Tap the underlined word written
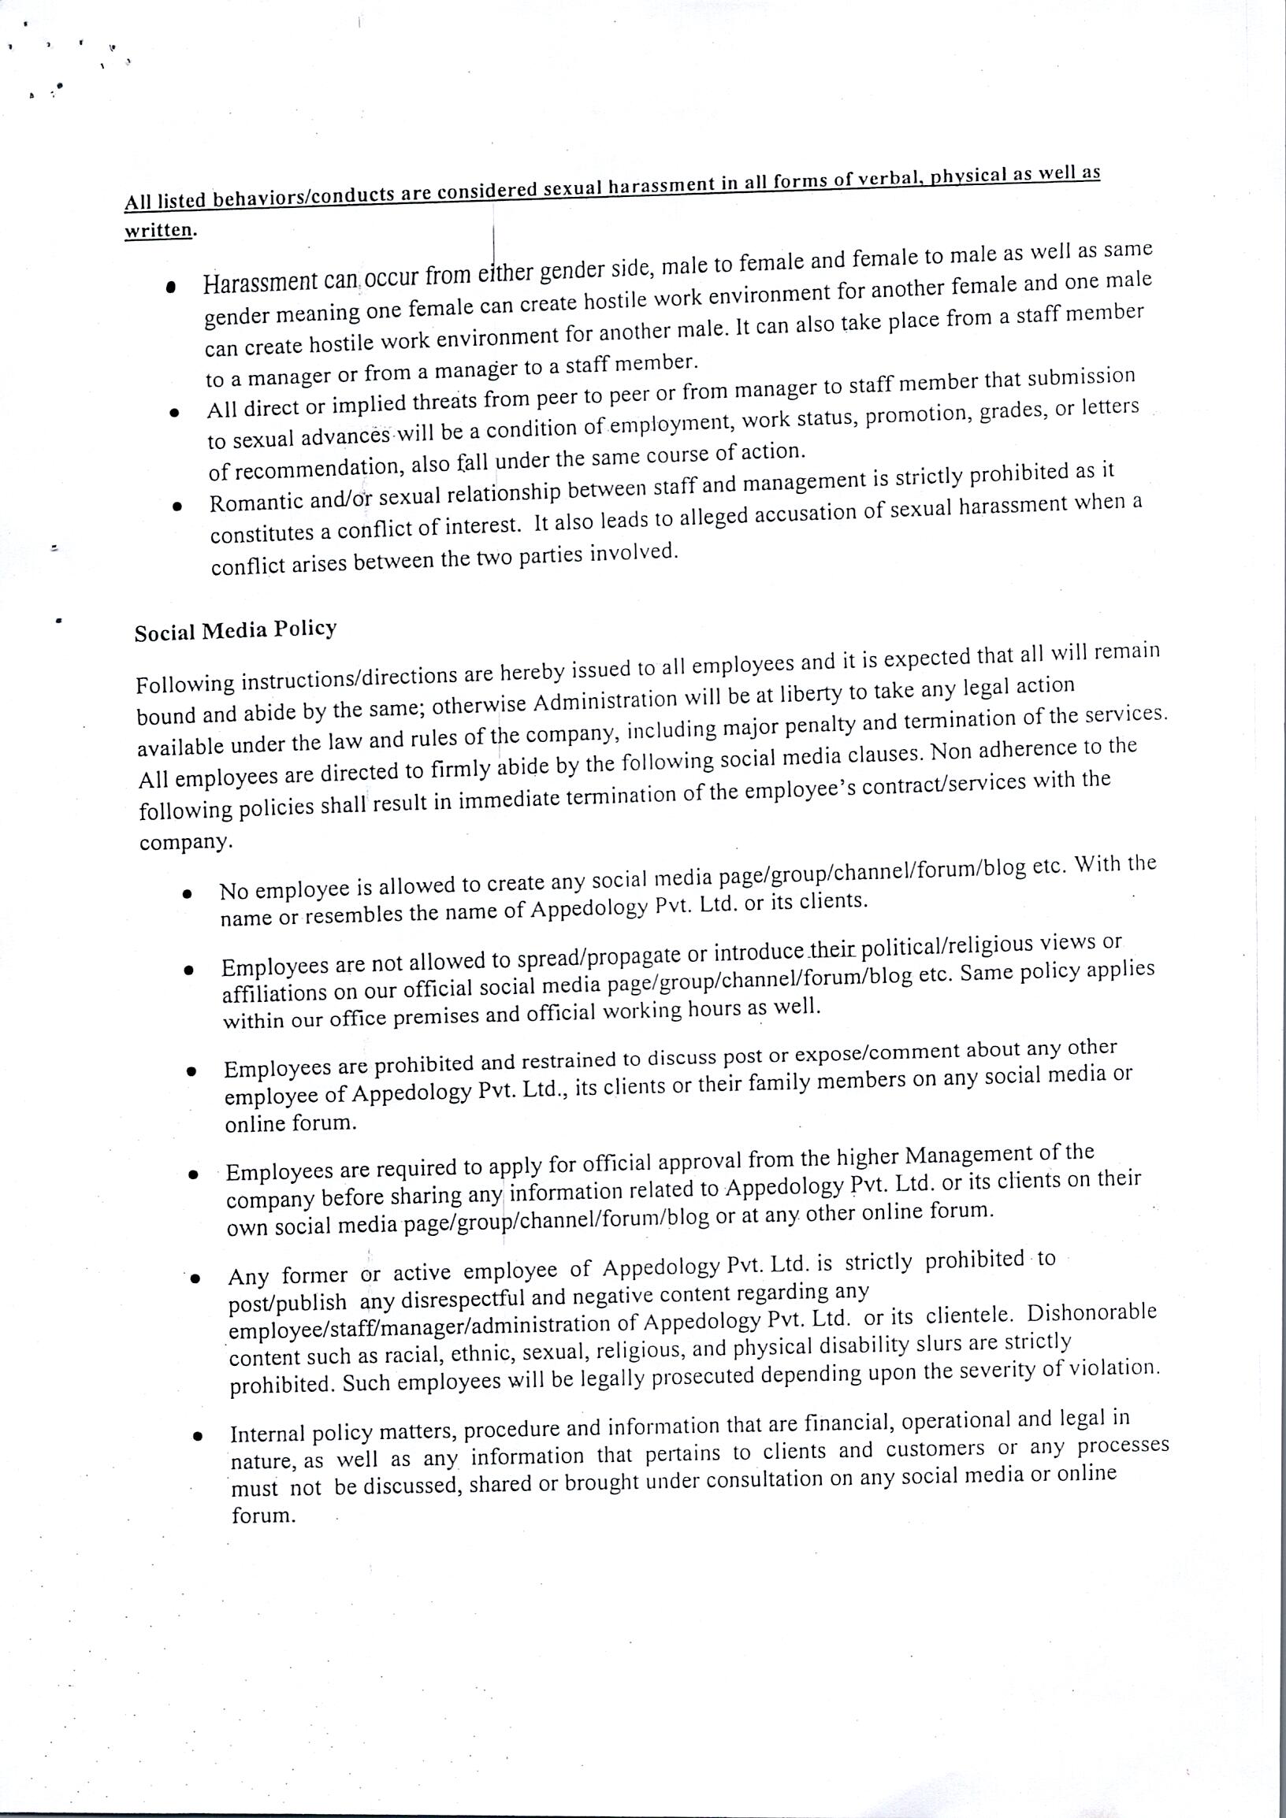click(158, 230)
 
